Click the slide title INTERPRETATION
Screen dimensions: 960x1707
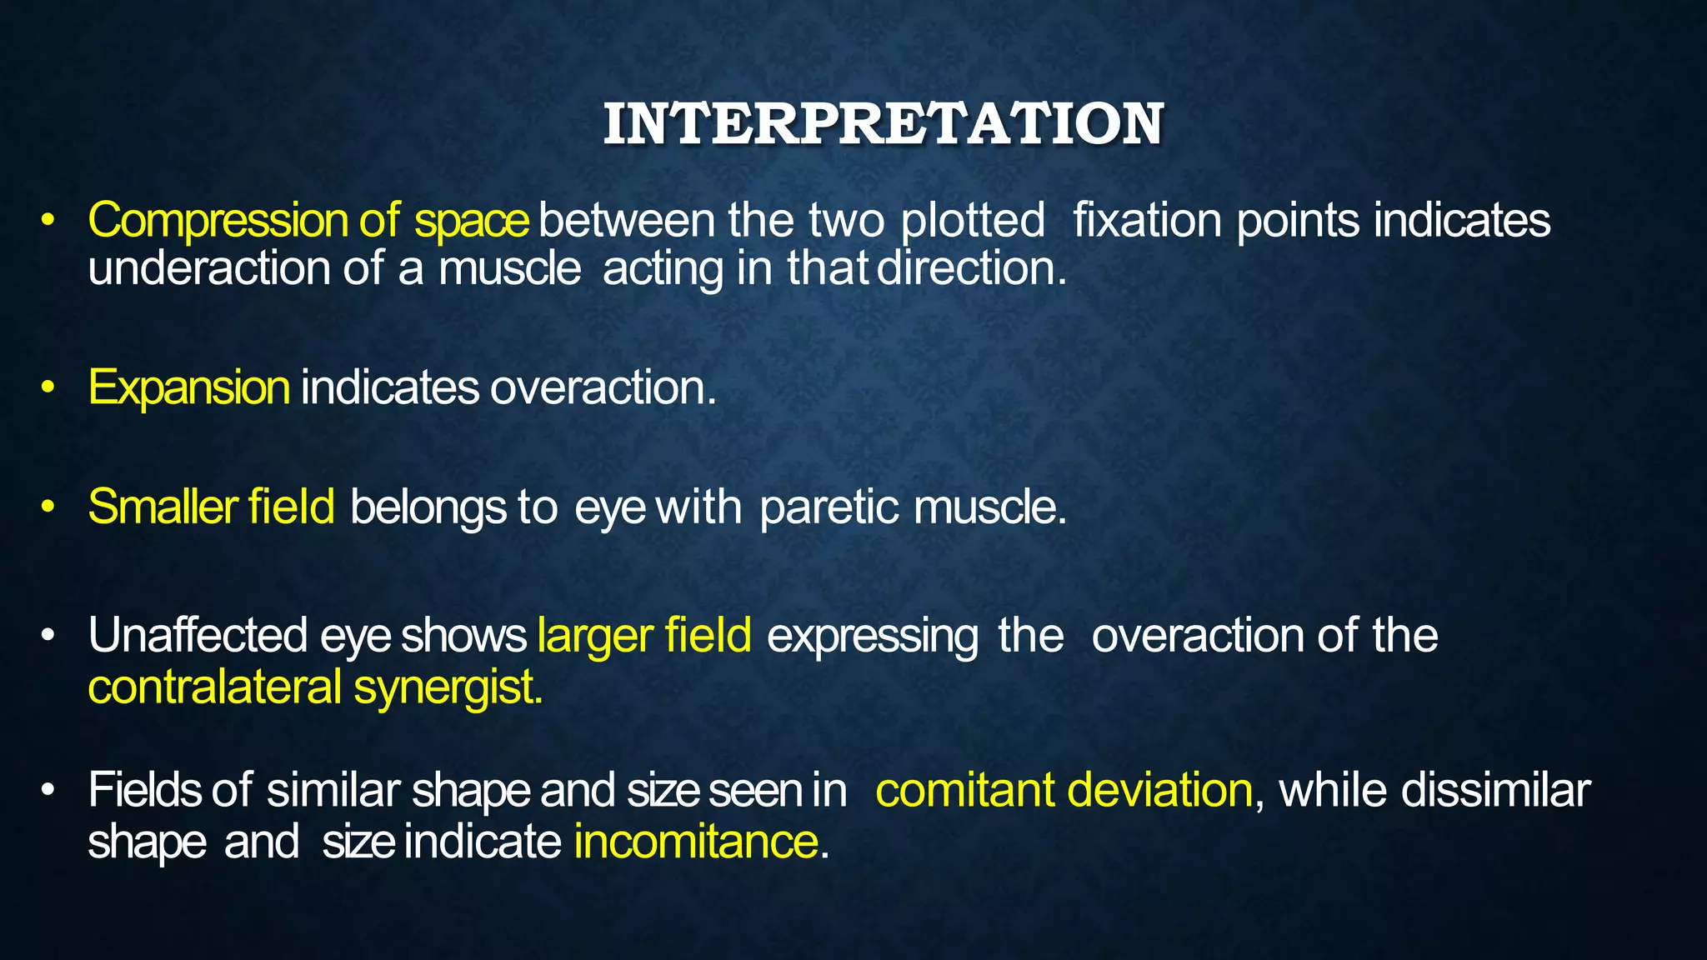(883, 125)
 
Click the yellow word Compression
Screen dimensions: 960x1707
(218, 221)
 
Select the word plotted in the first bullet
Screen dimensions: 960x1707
(973, 221)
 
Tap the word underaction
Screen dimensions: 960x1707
(209, 269)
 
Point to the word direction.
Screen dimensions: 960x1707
(972, 269)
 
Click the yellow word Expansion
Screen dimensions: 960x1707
(189, 387)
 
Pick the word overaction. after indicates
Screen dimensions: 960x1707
(603, 387)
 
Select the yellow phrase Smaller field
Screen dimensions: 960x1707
(211, 507)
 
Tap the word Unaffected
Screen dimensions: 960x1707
(198, 636)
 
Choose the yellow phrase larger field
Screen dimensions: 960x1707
(644, 636)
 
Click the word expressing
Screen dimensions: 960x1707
(872, 636)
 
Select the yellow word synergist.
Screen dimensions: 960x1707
(448, 687)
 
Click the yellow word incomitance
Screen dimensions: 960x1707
(696, 842)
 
